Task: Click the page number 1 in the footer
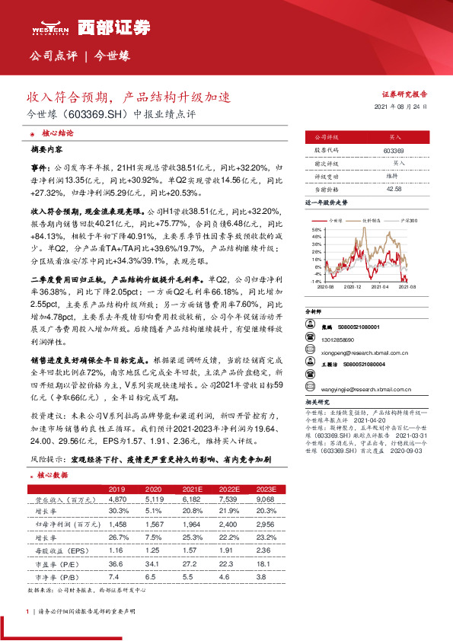click(x=27, y=611)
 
